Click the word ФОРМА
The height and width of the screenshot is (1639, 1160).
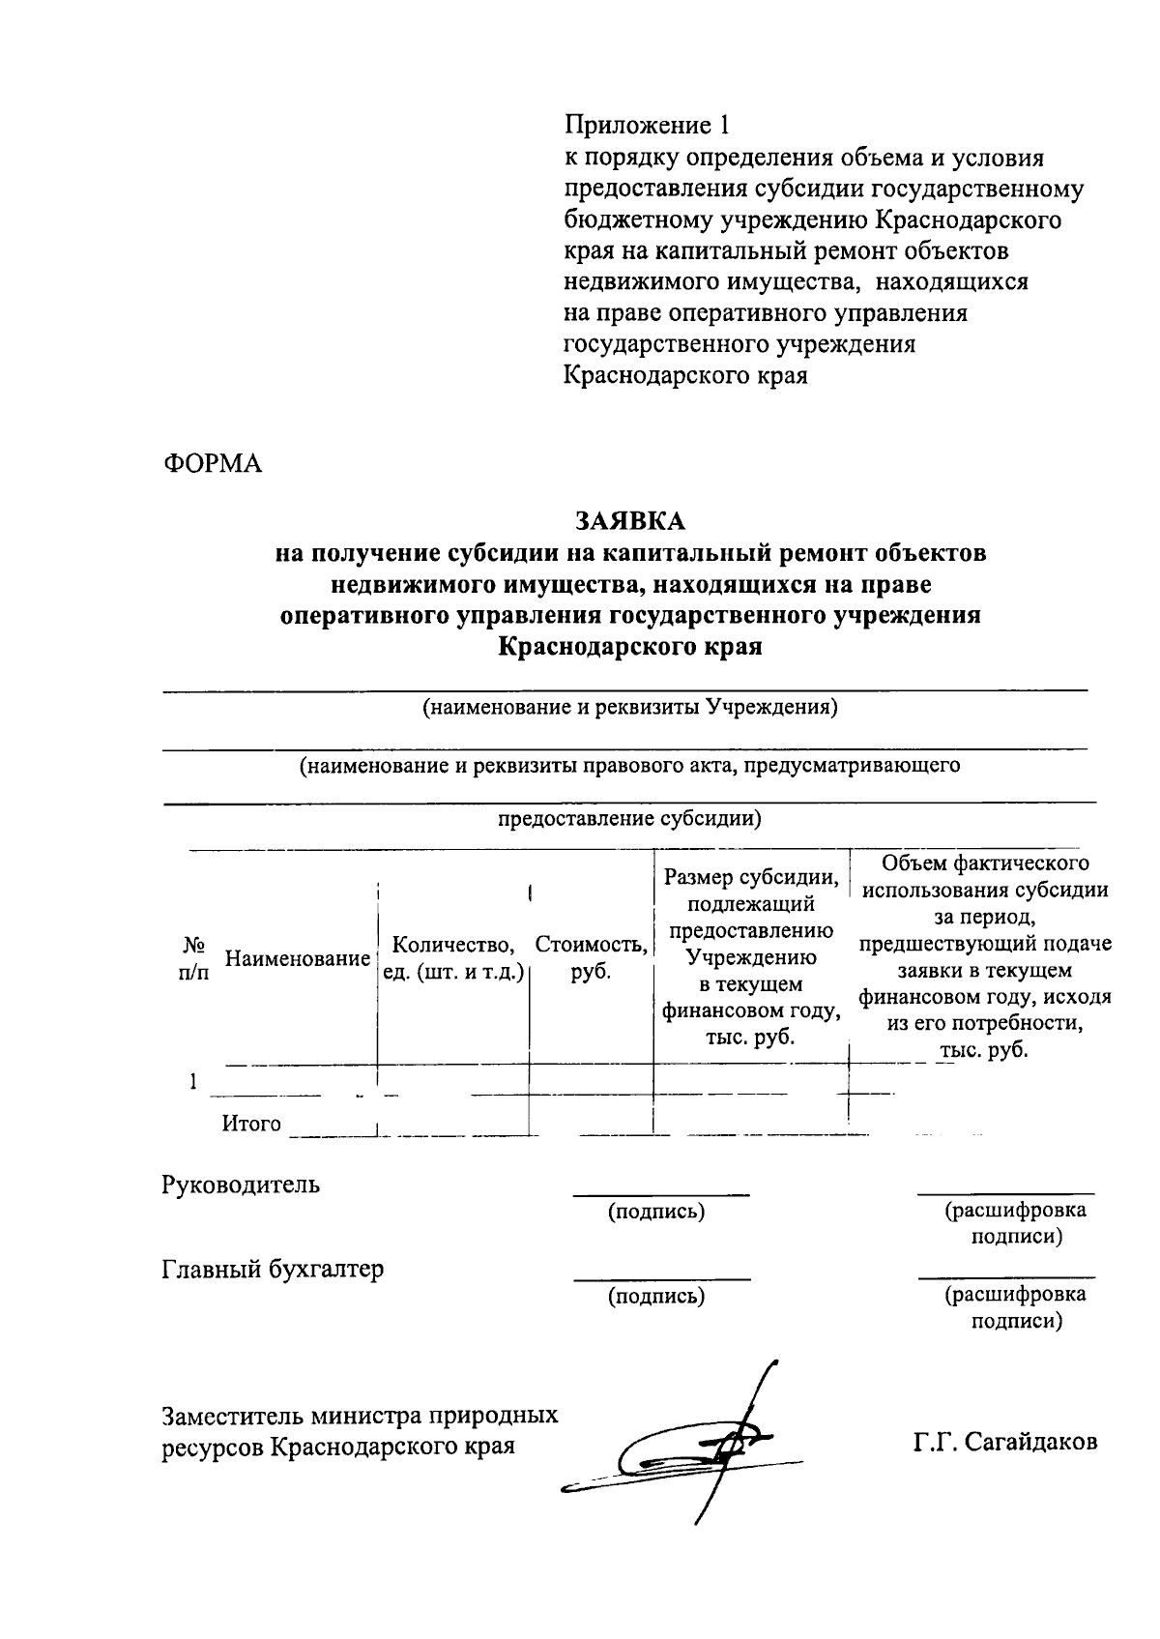[x=212, y=463]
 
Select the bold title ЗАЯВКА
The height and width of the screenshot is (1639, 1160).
[x=630, y=520]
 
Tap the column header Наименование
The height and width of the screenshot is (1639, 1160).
[x=298, y=959]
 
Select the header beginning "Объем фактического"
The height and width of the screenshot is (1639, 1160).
[x=984, y=955]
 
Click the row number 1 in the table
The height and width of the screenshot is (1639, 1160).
[x=194, y=1082]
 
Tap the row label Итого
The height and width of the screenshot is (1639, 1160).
[x=251, y=1124]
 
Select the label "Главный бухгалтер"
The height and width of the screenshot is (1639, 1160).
[x=273, y=1269]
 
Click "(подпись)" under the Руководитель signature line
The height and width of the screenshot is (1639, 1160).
[x=655, y=1212]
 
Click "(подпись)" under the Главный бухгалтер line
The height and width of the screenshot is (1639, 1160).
[x=655, y=1296]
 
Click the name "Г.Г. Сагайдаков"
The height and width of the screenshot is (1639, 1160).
[x=1005, y=1442]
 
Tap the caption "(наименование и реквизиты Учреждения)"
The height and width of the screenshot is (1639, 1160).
[x=629, y=707]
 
